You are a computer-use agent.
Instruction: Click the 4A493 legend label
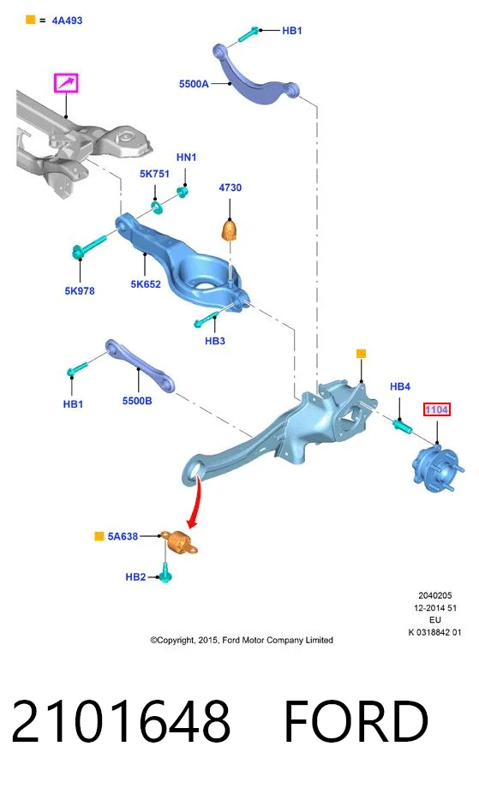pyautogui.click(x=67, y=21)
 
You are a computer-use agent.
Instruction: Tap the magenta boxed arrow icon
pyautogui.click(x=66, y=83)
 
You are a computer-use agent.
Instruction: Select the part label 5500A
pyautogui.click(x=194, y=84)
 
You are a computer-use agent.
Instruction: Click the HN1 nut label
pyautogui.click(x=186, y=158)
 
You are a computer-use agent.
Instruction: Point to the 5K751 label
pyautogui.click(x=154, y=174)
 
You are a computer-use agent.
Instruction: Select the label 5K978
pyautogui.click(x=80, y=291)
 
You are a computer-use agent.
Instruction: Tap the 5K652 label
pyautogui.click(x=146, y=284)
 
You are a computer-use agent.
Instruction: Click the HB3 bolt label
pyautogui.click(x=214, y=341)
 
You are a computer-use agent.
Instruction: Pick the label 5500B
pyautogui.click(x=137, y=401)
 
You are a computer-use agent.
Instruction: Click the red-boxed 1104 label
pyautogui.click(x=436, y=409)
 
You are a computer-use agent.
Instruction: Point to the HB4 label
pyautogui.click(x=400, y=386)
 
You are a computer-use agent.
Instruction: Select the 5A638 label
pyautogui.click(x=123, y=537)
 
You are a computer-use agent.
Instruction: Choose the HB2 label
pyautogui.click(x=135, y=577)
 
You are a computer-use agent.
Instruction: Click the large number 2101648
pyautogui.click(x=121, y=721)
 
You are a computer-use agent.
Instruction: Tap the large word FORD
pyautogui.click(x=356, y=721)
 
